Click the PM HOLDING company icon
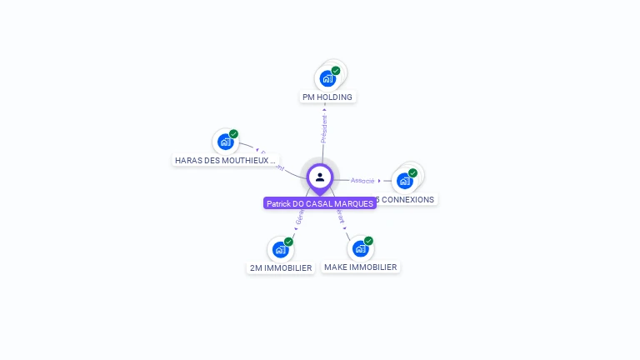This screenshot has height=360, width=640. pos(327,79)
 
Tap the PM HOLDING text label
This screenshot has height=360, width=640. pos(327,97)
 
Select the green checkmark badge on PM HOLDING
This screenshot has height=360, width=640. pos(336,71)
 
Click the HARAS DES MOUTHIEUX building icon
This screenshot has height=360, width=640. pos(225,142)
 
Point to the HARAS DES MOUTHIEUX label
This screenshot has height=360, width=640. pos(225,160)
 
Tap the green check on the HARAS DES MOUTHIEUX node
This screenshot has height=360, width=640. pos(233,134)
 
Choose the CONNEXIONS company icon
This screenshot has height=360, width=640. pos(404,181)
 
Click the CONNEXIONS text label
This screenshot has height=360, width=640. pos(406,200)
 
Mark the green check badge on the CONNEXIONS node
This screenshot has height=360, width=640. pos(412,173)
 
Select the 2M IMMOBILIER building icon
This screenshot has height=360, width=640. pos(280,250)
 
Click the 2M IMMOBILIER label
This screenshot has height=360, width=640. pos(281,268)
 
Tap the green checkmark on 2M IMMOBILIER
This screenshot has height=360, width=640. pos(288,242)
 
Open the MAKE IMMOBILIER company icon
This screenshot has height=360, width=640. pos(360,249)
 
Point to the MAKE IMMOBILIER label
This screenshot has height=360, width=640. pos(361,267)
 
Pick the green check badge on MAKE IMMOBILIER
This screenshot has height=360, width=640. pos(368,241)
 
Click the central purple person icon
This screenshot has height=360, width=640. pos(320,177)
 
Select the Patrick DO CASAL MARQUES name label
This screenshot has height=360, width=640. pos(320,203)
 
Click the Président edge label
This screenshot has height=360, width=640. pos(324,127)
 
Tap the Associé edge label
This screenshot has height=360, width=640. pos(362,180)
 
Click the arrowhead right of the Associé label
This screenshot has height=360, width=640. pos(379,180)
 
